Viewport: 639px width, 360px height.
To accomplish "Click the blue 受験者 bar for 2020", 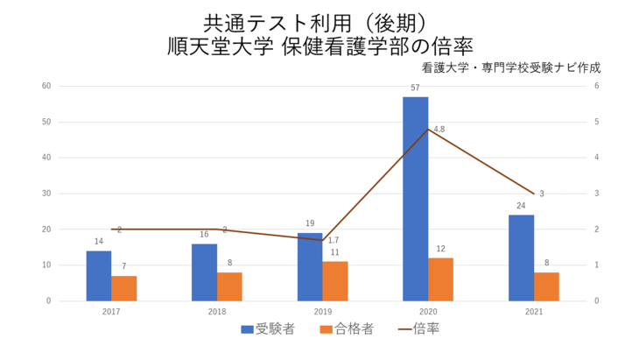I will (x=415, y=199).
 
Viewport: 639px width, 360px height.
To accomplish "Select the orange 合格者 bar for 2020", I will (x=440, y=279).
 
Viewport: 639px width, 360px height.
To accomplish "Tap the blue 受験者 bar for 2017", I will (x=99, y=276).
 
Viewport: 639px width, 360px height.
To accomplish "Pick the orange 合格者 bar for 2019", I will (x=334, y=281).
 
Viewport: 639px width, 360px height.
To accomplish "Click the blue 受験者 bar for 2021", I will (x=521, y=258).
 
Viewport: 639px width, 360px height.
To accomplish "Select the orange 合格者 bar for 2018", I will (x=229, y=286).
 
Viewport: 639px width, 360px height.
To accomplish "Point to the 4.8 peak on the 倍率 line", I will (x=428, y=130).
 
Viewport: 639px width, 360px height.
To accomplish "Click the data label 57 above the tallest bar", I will (x=415, y=88).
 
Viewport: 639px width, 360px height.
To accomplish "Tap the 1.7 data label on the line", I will (x=334, y=240).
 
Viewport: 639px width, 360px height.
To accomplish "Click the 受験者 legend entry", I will (x=268, y=329).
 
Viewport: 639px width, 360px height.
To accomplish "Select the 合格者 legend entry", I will (x=348, y=329).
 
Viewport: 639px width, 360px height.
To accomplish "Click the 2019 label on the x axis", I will (x=322, y=311).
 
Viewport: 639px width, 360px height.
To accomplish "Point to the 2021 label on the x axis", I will (x=533, y=311).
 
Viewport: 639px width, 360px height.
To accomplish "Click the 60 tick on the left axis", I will (x=46, y=86).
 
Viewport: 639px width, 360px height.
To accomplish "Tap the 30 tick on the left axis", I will (x=46, y=194).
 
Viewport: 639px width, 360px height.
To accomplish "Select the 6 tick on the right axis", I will (x=596, y=86).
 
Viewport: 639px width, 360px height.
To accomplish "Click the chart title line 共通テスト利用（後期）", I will (x=319, y=22).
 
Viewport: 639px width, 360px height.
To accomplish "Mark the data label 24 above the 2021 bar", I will (x=521, y=207).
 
